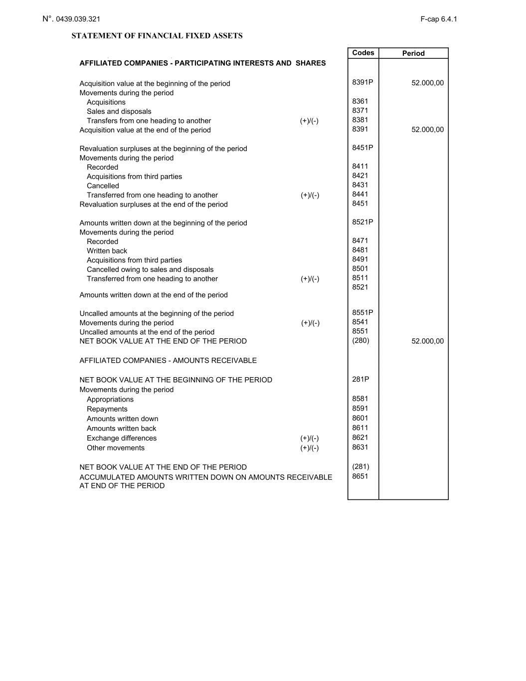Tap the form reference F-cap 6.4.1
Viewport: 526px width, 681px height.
click(438, 19)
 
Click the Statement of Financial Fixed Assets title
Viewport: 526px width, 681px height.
click(157, 36)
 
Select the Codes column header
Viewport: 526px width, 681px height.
click(363, 53)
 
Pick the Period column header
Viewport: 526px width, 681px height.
click(413, 53)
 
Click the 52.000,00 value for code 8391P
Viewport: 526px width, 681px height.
click(427, 83)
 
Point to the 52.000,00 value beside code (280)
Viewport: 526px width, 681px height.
click(427, 341)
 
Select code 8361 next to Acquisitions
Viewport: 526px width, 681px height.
click(360, 101)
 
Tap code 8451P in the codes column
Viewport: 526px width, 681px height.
click(362, 148)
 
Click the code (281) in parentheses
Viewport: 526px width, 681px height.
click(360, 466)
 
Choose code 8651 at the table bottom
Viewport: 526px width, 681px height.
click(360, 476)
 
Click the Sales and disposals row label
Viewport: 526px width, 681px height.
click(119, 111)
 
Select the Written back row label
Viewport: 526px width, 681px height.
click(107, 251)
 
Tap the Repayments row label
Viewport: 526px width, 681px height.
click(107, 409)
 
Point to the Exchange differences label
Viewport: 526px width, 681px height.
click(122, 438)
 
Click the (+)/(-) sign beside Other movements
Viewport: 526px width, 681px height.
click(309, 448)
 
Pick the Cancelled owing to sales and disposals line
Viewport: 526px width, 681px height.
click(150, 269)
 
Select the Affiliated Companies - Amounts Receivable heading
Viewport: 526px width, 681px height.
click(168, 360)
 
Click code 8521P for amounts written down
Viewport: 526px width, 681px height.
click(362, 222)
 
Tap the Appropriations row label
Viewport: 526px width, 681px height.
click(110, 399)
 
